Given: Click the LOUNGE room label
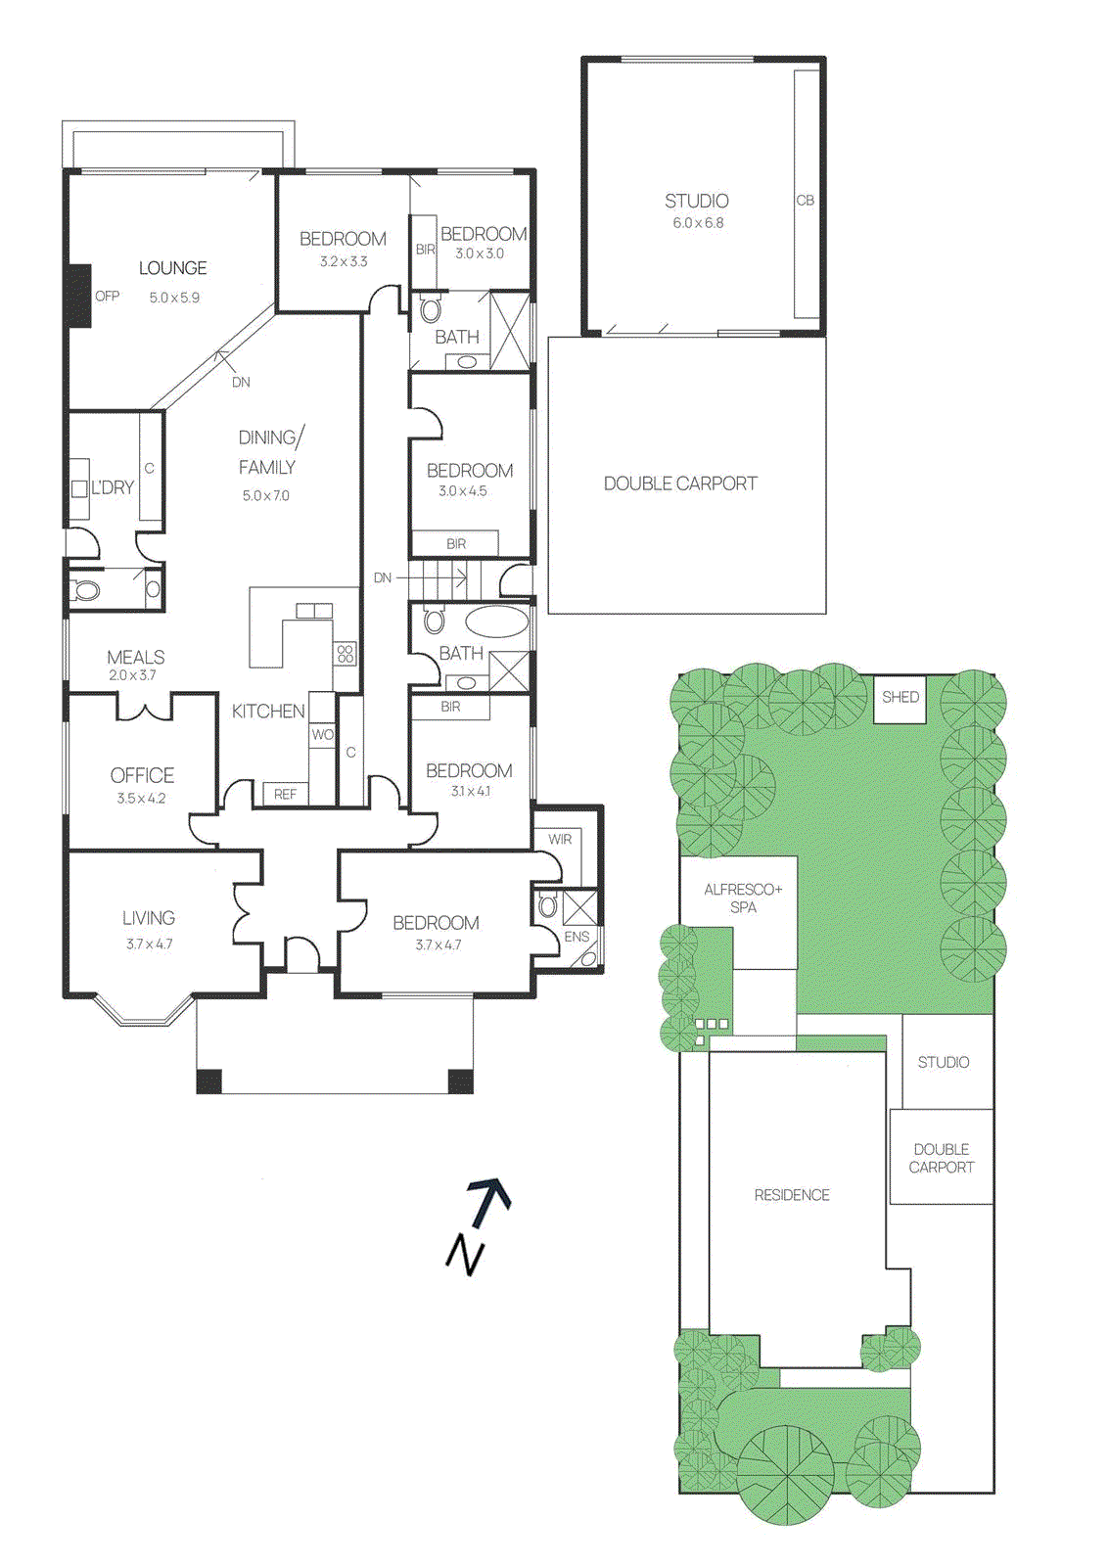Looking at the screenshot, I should [172, 268].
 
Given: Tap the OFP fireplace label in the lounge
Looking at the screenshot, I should [107, 296].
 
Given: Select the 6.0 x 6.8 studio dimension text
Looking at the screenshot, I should [697, 223].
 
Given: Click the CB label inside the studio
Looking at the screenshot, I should [805, 201].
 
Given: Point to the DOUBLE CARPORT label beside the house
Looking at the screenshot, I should [680, 484].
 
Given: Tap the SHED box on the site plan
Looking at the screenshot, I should [900, 698].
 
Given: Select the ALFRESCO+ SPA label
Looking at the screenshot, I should [743, 898].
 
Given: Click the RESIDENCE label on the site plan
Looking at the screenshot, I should [791, 1195].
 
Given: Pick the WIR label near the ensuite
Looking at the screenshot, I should [560, 840].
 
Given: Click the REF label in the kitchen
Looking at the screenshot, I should [285, 795].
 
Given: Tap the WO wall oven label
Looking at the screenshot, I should [322, 734].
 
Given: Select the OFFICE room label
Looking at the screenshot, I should [142, 775].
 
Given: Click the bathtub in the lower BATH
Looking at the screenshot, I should [496, 622].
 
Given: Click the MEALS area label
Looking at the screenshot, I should [135, 657].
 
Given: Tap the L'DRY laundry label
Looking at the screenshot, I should [113, 487].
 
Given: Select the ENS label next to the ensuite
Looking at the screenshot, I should [577, 937].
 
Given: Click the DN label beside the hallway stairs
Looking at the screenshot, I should [382, 578].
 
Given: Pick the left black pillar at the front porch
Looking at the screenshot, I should [208, 1081].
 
